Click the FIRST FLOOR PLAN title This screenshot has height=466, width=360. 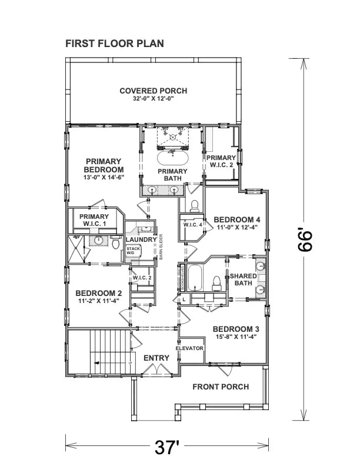pyautogui.click(x=114, y=44)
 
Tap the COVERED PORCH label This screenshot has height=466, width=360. pyautogui.click(x=153, y=91)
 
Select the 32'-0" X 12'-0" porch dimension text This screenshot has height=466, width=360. pyautogui.click(x=153, y=99)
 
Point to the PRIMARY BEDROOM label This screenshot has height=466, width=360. pyautogui.click(x=104, y=165)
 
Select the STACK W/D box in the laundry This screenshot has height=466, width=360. pyautogui.click(x=133, y=251)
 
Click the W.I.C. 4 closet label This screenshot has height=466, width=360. pyautogui.click(x=192, y=225)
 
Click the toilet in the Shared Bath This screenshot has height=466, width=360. pyautogui.click(x=216, y=284)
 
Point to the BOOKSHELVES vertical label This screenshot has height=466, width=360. pyautogui.click(x=182, y=277)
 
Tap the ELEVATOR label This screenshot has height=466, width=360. pyautogui.click(x=190, y=348)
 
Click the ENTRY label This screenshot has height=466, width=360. pyautogui.click(x=156, y=358)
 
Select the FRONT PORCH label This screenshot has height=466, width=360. pyautogui.click(x=221, y=387)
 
